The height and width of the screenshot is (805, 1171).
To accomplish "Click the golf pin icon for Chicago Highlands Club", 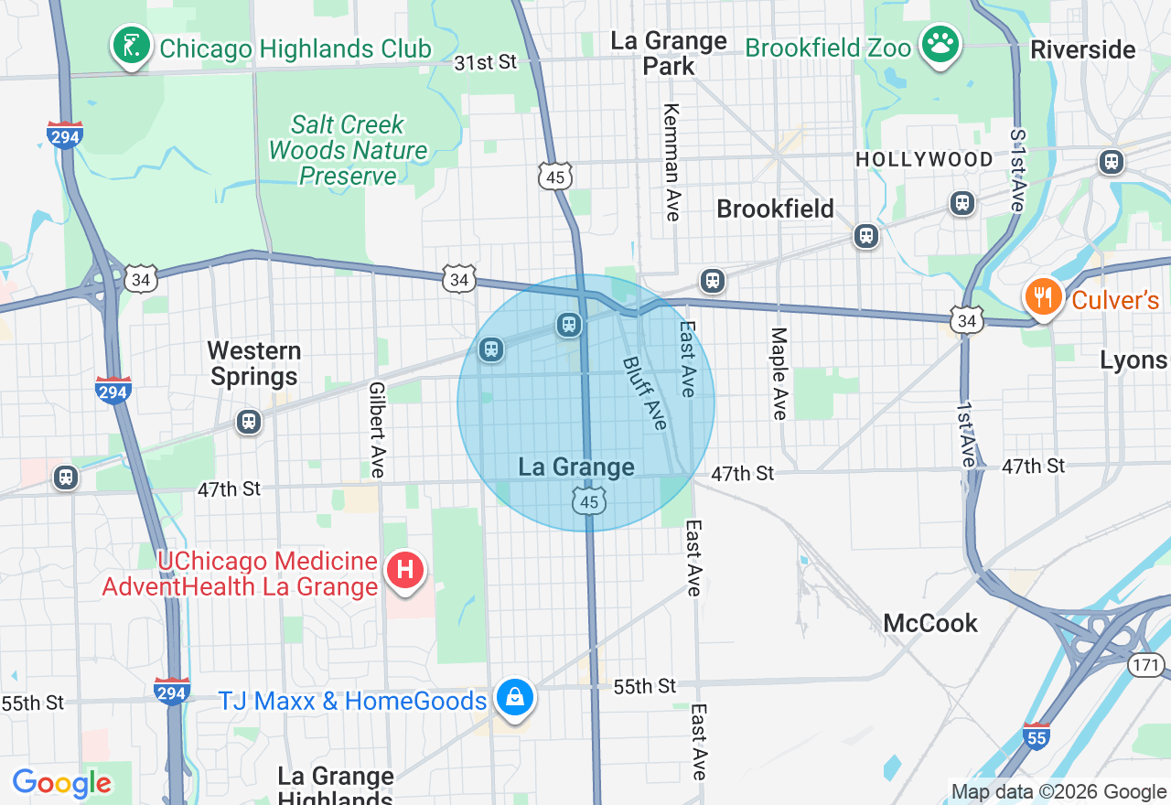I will (x=132, y=46).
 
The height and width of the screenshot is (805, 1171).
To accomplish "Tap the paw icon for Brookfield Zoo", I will (x=939, y=46).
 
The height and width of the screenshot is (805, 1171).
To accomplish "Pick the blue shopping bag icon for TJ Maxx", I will (x=515, y=698).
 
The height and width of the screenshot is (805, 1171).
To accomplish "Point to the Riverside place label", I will (x=1082, y=49).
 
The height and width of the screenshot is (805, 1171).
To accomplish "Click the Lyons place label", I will (x=1133, y=360).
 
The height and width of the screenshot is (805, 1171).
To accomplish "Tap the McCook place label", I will (x=930, y=623).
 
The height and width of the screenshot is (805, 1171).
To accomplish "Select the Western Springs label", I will (x=253, y=363).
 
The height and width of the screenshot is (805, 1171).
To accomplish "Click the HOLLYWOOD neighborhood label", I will (x=924, y=160).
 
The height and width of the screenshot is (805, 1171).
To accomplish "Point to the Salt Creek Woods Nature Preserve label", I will (x=348, y=150).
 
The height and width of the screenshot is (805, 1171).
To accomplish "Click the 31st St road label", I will (x=486, y=62).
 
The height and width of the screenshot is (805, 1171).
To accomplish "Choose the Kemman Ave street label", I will (x=672, y=161).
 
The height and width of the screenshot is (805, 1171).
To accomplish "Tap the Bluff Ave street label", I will (x=646, y=392).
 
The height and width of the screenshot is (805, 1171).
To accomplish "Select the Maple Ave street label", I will (x=779, y=373).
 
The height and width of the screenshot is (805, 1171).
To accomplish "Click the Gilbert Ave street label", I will (x=377, y=429).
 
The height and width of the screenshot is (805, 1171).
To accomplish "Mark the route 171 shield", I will (x=1144, y=664).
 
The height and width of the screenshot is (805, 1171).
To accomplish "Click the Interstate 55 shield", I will (x=1036, y=735).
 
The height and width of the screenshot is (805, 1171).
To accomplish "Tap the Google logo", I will (x=61, y=783).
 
